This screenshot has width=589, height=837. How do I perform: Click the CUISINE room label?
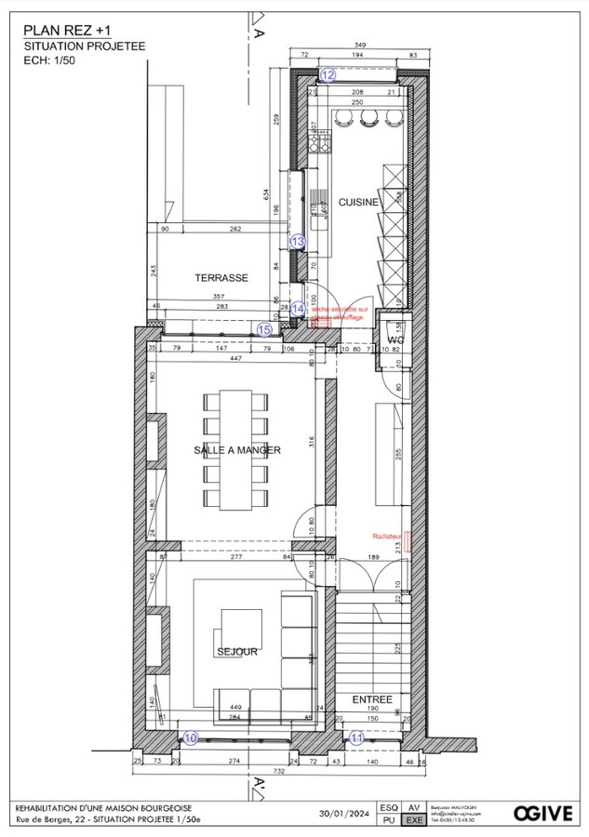(x=357, y=202)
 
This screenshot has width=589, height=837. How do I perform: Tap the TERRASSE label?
(x=221, y=278)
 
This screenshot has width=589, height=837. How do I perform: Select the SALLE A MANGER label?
(x=237, y=450)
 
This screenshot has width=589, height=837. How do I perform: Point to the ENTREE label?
(x=372, y=699)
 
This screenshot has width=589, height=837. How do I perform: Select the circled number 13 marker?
(x=298, y=241)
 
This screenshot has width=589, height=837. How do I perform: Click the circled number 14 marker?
(x=298, y=309)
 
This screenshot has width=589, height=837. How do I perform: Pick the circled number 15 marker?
(x=264, y=328)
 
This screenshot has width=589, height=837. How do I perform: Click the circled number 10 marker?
(x=191, y=737)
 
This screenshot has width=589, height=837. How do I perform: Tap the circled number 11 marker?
(x=358, y=737)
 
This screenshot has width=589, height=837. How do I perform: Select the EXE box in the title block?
(x=415, y=821)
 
